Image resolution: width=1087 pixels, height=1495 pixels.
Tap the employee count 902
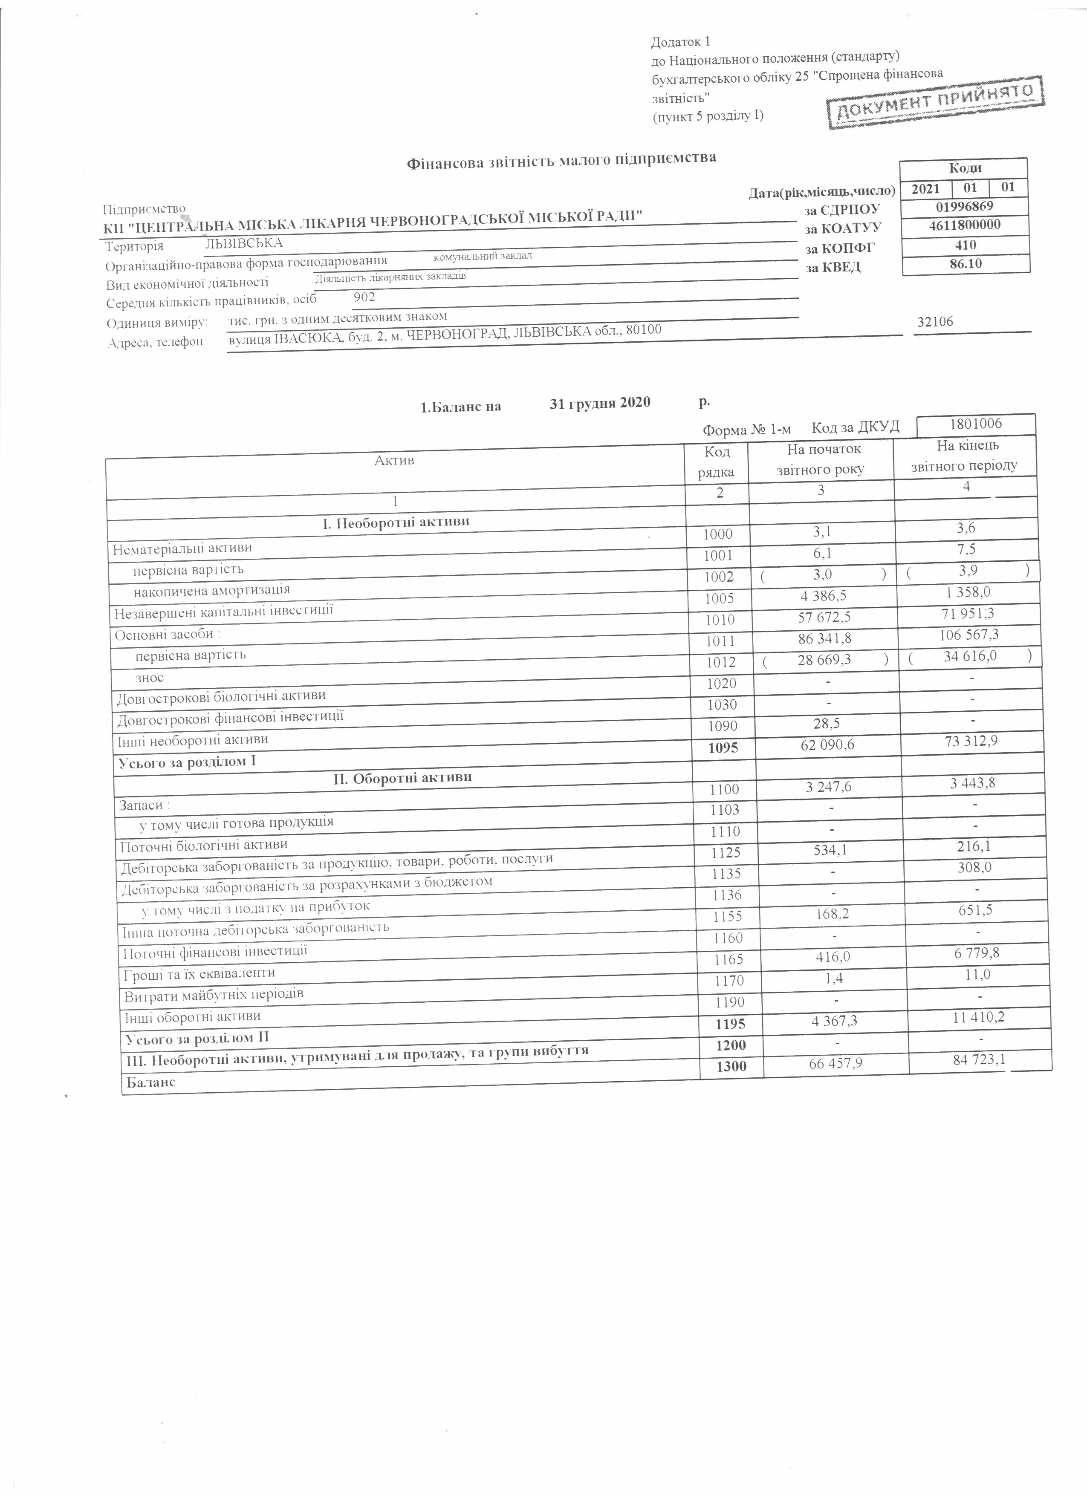point(364,297)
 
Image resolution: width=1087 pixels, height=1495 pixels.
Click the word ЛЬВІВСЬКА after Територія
point(244,243)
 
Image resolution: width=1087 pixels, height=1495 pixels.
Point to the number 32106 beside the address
point(935,322)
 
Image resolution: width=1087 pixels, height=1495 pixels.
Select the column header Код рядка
point(717,462)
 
